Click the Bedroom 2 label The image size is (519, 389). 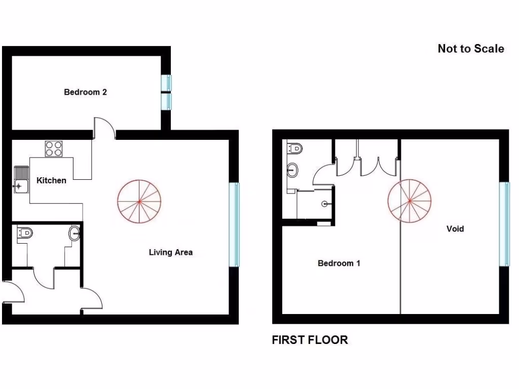coord(85,92)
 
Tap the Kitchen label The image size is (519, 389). coord(51,180)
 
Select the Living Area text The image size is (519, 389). coord(170,252)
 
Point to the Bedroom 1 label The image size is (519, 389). coord(339,263)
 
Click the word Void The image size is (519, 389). coord(455,229)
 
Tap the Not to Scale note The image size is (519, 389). coord(471,49)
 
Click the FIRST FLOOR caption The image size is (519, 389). coord(310,340)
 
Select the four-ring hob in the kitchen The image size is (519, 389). coord(53,149)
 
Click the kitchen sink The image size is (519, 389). coord(21,179)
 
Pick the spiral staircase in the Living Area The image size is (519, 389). coord(139,202)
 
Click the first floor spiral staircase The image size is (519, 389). coord(410,202)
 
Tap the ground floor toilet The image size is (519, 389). coord(25,232)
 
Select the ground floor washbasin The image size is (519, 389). coord(75,234)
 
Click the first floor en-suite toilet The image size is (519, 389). coord(295,148)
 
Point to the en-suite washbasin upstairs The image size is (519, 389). coord(292,170)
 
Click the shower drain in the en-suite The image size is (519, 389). coord(324,204)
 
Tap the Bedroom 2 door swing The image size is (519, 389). coord(104,127)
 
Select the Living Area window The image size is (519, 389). coord(234,224)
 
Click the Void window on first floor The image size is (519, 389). coord(504,223)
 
